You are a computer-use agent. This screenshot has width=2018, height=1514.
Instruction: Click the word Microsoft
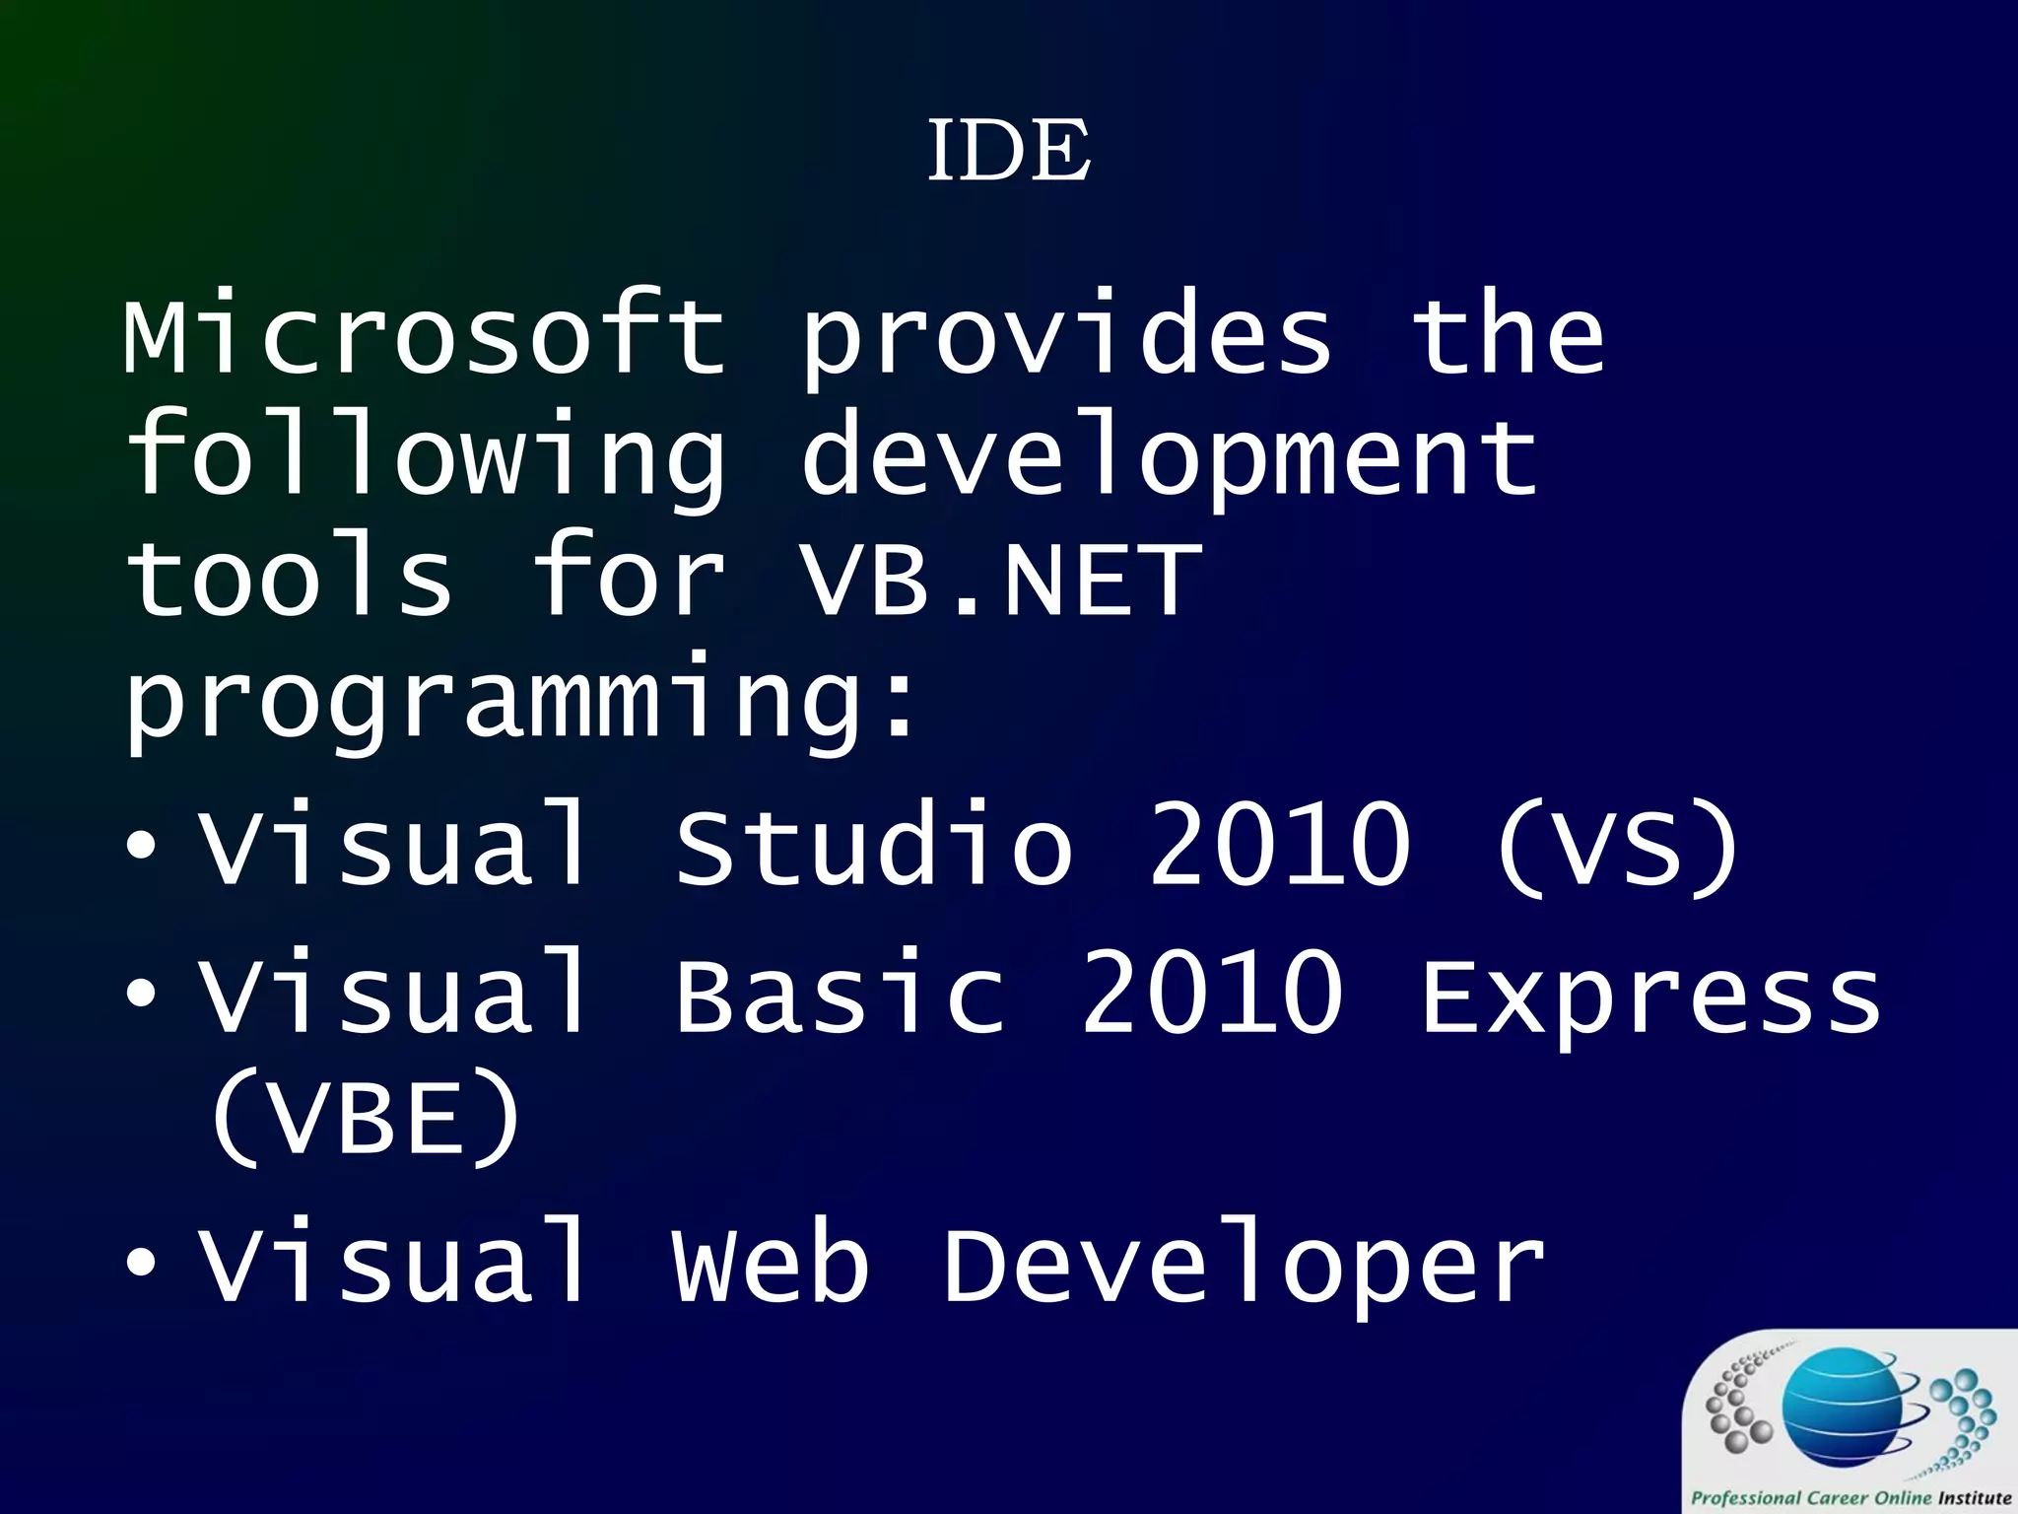[x=424, y=335]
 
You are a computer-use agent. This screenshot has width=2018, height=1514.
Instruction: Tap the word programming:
[x=522, y=702]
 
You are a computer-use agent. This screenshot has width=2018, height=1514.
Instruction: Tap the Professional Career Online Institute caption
[x=1850, y=1497]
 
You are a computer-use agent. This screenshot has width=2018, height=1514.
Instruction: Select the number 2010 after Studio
[x=1280, y=845]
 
